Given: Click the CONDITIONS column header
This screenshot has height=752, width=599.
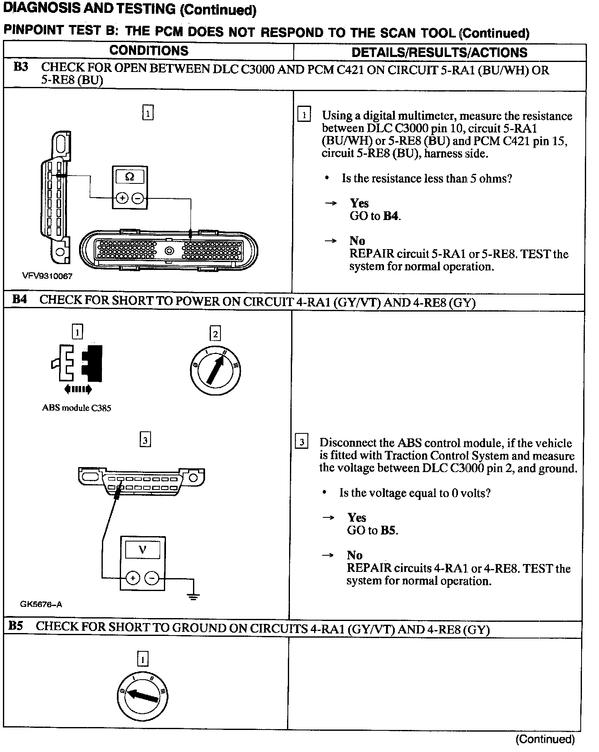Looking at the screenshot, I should tap(149, 51).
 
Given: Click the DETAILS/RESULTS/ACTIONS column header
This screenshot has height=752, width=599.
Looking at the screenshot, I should tap(439, 52).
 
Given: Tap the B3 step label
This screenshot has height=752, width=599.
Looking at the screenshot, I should tap(21, 67).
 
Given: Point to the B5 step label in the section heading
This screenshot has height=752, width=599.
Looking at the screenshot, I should tap(15, 626).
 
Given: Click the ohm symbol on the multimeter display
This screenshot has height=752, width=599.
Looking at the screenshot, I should tap(130, 177).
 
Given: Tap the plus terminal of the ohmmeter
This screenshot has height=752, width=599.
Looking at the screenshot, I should tap(122, 198).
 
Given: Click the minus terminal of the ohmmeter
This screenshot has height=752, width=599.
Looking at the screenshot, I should tap(138, 198).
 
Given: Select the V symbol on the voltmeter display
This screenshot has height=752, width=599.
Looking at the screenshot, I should tap(142, 550).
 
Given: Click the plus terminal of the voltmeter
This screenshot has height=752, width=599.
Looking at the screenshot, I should tap(132, 578).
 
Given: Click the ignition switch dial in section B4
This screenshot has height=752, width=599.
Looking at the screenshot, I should tap(215, 370).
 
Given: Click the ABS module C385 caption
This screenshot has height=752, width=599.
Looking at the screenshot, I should tap(77, 408).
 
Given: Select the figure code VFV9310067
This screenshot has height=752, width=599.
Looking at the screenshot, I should tap(47, 276).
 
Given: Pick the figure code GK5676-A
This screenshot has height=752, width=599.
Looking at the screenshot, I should tap(41, 604).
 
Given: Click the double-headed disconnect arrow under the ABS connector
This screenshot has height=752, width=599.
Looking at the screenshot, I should tap(78, 389).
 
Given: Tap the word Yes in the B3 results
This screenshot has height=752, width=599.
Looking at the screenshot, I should tap(359, 203).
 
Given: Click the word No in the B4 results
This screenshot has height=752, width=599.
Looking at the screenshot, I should tap(354, 555).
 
